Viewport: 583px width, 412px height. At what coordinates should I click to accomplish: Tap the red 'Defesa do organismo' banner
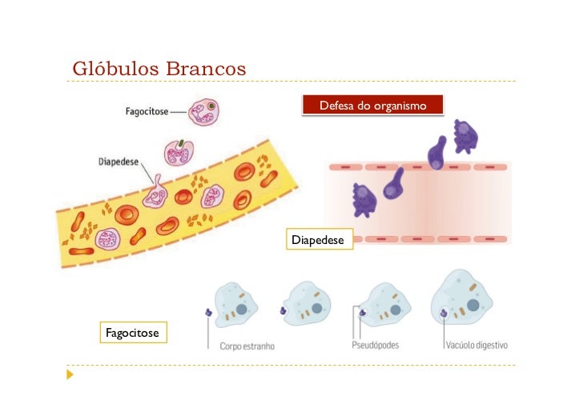click(x=372, y=106)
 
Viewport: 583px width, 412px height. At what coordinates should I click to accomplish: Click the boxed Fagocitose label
click(x=132, y=332)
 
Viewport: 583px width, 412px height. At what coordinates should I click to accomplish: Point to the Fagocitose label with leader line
click(x=147, y=112)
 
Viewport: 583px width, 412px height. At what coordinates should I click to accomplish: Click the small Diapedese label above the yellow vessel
click(x=119, y=160)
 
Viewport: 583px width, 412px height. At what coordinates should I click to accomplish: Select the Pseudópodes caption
click(x=376, y=346)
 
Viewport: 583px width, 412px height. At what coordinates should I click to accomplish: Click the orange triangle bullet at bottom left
click(x=70, y=374)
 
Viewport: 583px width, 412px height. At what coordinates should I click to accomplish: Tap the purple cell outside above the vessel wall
click(x=464, y=135)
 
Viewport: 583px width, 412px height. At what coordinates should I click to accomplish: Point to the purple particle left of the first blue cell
click(x=209, y=313)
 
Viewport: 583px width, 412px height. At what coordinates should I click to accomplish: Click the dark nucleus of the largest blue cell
click(x=472, y=304)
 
